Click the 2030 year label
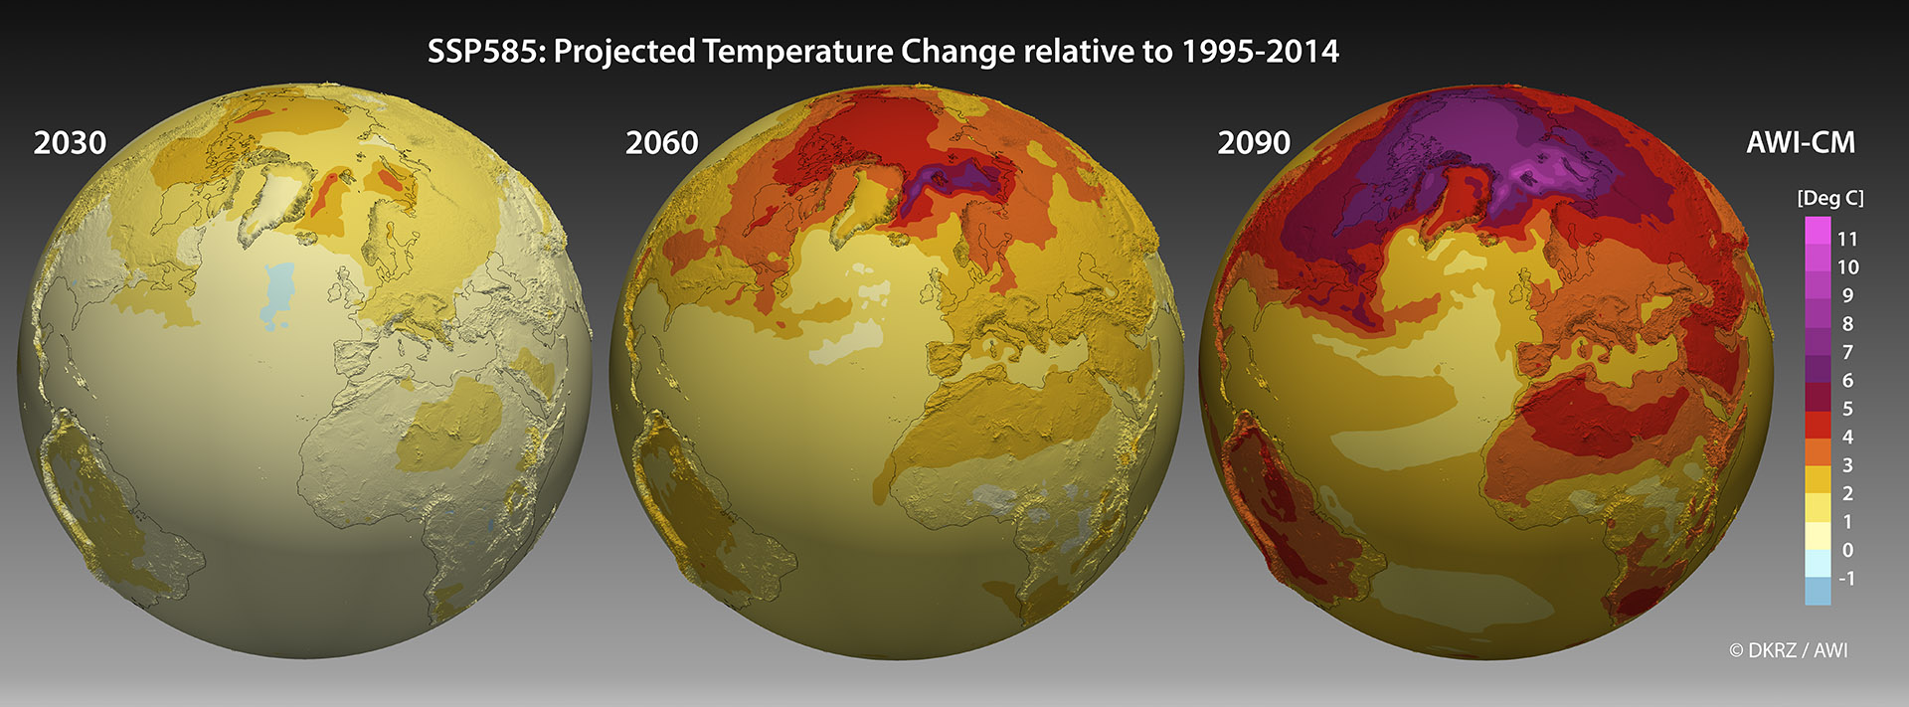70,143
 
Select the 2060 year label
661,143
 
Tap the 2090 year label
1254,143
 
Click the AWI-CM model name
1801,143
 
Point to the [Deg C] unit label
1829,198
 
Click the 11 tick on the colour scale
1847,239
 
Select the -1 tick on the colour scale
1846,578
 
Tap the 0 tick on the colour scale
1847,550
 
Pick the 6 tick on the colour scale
1847,380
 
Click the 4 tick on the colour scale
1847,437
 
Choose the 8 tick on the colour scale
1847,323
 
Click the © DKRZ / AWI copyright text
1788,650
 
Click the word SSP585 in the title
484,52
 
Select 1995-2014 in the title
1260,52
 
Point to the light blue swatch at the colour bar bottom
1818,591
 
